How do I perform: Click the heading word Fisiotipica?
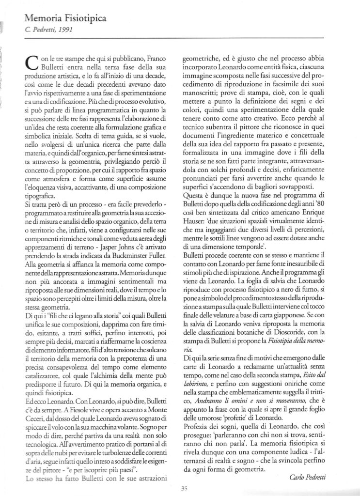click(x=81, y=19)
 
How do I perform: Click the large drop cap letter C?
click(x=30, y=64)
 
